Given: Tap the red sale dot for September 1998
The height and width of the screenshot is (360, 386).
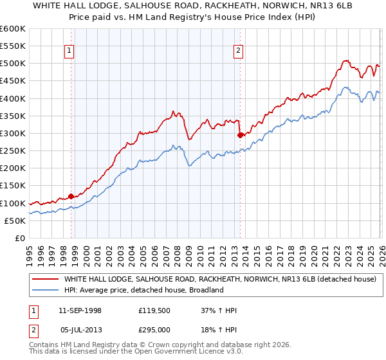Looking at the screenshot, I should coord(71,196).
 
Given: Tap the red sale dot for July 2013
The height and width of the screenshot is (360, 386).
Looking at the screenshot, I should coord(240,135).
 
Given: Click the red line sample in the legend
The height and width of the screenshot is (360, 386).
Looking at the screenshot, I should coord(46,279).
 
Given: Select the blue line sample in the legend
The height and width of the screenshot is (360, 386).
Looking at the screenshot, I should coord(46,290).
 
